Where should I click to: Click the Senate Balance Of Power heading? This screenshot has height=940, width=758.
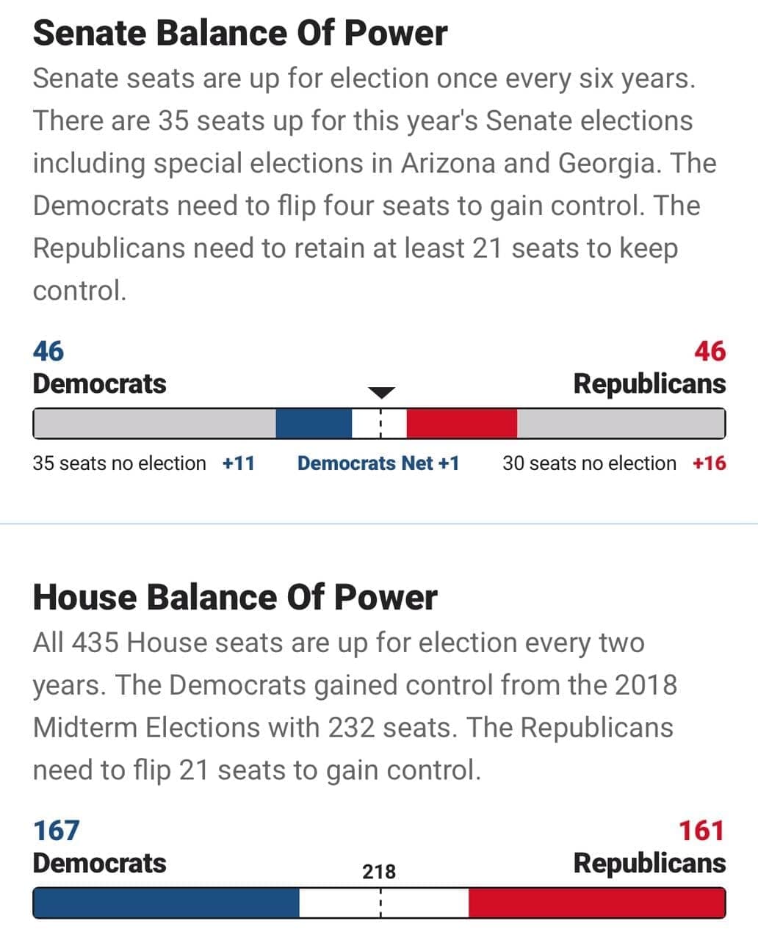(239, 33)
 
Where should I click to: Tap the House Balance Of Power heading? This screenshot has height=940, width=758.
(235, 597)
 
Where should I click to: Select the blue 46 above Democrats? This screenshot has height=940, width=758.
(48, 351)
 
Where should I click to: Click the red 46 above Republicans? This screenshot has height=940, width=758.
(710, 351)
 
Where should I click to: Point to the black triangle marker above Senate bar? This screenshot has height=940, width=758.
(380, 392)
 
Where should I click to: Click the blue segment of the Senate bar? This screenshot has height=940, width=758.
(314, 424)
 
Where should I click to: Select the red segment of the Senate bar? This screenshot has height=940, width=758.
(461, 424)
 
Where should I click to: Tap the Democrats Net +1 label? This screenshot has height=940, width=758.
(378, 463)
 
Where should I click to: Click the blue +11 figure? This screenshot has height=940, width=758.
(239, 463)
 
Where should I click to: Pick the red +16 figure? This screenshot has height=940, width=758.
(709, 463)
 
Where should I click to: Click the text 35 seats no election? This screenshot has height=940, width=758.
(120, 463)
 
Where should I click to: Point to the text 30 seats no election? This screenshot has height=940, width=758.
(589, 463)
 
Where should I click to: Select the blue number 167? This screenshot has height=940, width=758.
(57, 831)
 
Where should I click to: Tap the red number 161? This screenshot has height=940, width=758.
(701, 831)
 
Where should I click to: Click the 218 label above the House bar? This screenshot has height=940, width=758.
(379, 872)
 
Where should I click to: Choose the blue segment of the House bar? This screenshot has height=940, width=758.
(166, 903)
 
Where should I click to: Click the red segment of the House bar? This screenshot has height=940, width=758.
(596, 903)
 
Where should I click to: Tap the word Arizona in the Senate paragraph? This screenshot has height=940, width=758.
(448, 163)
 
